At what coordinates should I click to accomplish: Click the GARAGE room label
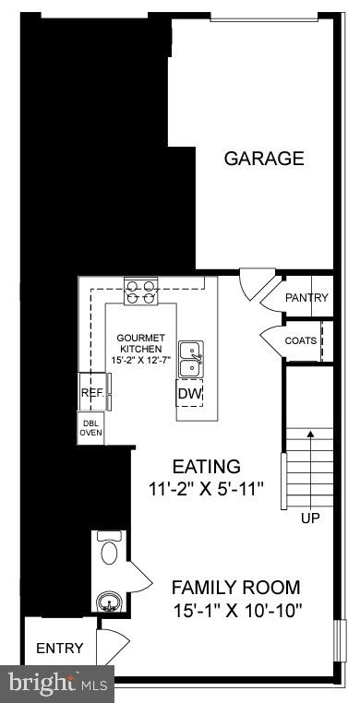click(x=264, y=159)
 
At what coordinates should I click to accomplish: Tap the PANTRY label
click(x=306, y=298)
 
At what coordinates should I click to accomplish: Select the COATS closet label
click(x=301, y=340)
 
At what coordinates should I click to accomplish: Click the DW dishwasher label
click(x=189, y=394)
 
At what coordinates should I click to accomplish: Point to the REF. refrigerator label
click(x=92, y=393)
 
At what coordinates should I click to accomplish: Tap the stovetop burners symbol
click(x=141, y=292)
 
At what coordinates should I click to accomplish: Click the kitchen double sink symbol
click(x=191, y=360)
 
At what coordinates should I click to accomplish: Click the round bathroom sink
click(x=110, y=603)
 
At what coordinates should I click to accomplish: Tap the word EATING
click(x=207, y=467)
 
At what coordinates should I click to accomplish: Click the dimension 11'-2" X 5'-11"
click(x=207, y=490)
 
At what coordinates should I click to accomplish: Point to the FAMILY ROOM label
click(x=236, y=587)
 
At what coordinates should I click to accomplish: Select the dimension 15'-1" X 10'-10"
click(x=236, y=610)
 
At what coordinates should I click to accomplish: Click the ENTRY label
click(x=60, y=649)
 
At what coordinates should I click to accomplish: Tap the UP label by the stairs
click(x=310, y=518)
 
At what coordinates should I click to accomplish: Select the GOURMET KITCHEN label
click(x=141, y=343)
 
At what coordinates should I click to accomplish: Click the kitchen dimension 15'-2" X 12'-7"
click(x=141, y=360)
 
